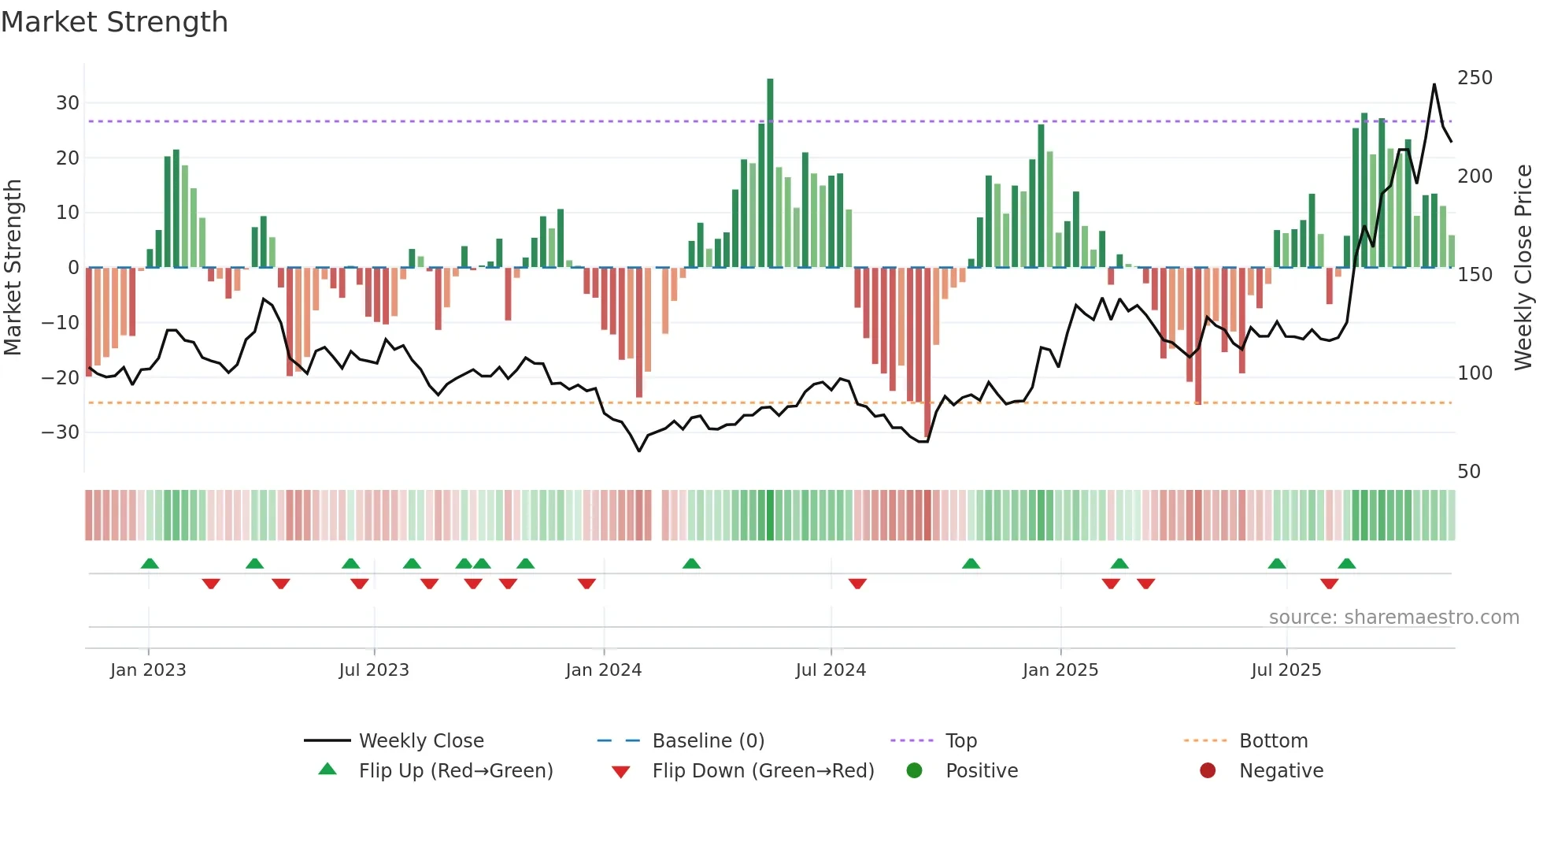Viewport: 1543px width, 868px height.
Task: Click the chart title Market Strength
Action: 114,22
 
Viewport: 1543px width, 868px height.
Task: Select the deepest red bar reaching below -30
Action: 927,354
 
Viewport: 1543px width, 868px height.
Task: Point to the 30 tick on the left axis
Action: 68,103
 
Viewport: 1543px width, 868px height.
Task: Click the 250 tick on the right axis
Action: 1475,78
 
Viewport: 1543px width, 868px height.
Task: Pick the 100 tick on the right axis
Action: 1475,373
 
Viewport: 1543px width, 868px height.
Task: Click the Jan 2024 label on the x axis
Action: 604,670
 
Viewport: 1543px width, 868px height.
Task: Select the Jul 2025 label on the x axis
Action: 1286,670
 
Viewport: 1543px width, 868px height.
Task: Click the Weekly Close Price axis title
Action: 1524,268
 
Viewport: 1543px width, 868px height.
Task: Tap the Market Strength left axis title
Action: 13,268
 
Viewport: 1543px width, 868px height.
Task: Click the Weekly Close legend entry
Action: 421,741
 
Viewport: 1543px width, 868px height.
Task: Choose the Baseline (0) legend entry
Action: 708,741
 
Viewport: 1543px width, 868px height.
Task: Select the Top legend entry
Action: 961,741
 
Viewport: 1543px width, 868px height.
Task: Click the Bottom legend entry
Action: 1273,741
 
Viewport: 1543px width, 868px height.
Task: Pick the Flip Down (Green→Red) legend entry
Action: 763,771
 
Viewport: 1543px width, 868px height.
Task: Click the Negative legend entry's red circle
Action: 1208,771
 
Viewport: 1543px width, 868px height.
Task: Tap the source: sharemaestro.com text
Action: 1393,618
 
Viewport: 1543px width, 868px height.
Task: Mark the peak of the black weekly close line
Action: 1434,84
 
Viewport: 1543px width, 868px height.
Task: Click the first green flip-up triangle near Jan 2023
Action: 150,563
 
